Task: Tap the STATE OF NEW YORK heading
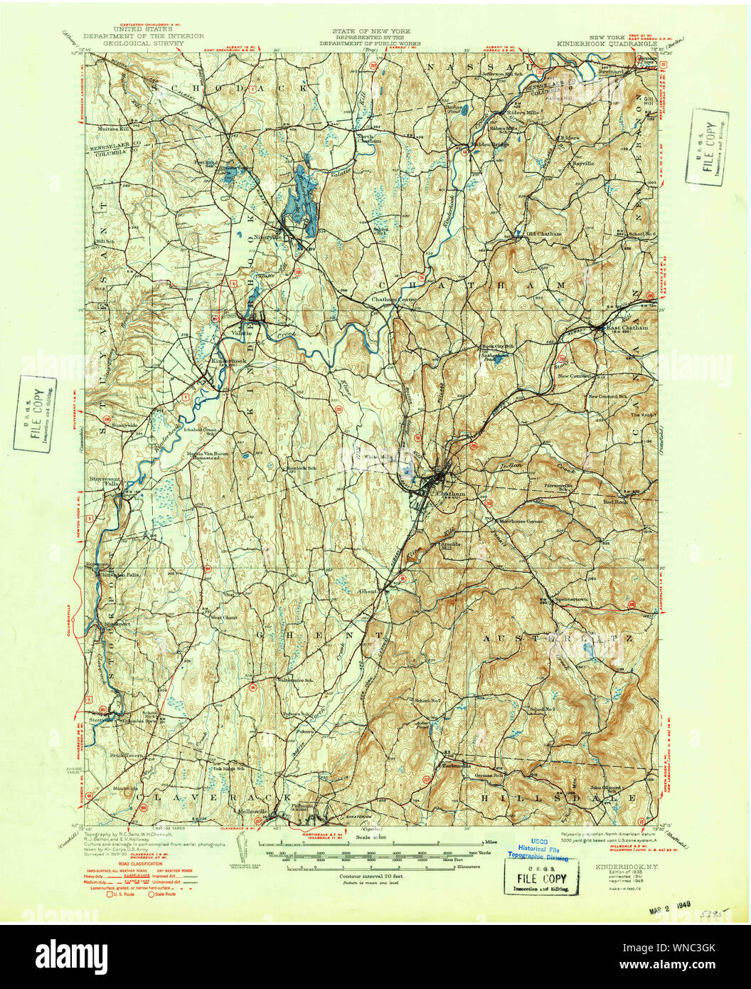(370, 32)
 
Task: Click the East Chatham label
(627, 327)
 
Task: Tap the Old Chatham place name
(543, 233)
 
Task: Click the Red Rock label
(615, 502)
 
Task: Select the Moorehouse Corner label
(520, 521)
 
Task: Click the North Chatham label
(369, 139)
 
